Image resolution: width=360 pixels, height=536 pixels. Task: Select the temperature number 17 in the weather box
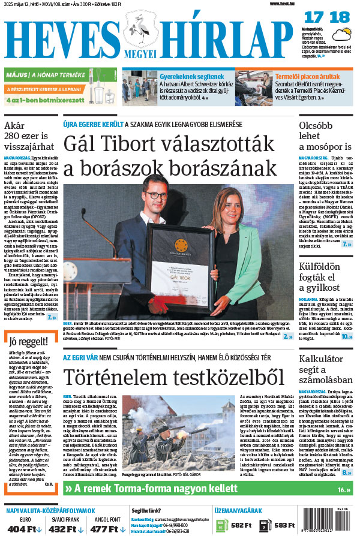tap(311, 17)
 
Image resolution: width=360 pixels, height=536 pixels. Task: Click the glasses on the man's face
tap(157, 195)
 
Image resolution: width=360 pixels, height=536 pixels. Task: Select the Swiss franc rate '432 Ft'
tap(65, 529)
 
